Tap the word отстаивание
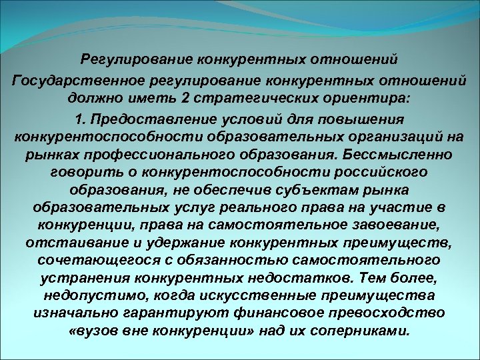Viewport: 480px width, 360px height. click(x=71, y=241)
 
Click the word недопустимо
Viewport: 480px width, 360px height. click(x=91, y=294)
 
